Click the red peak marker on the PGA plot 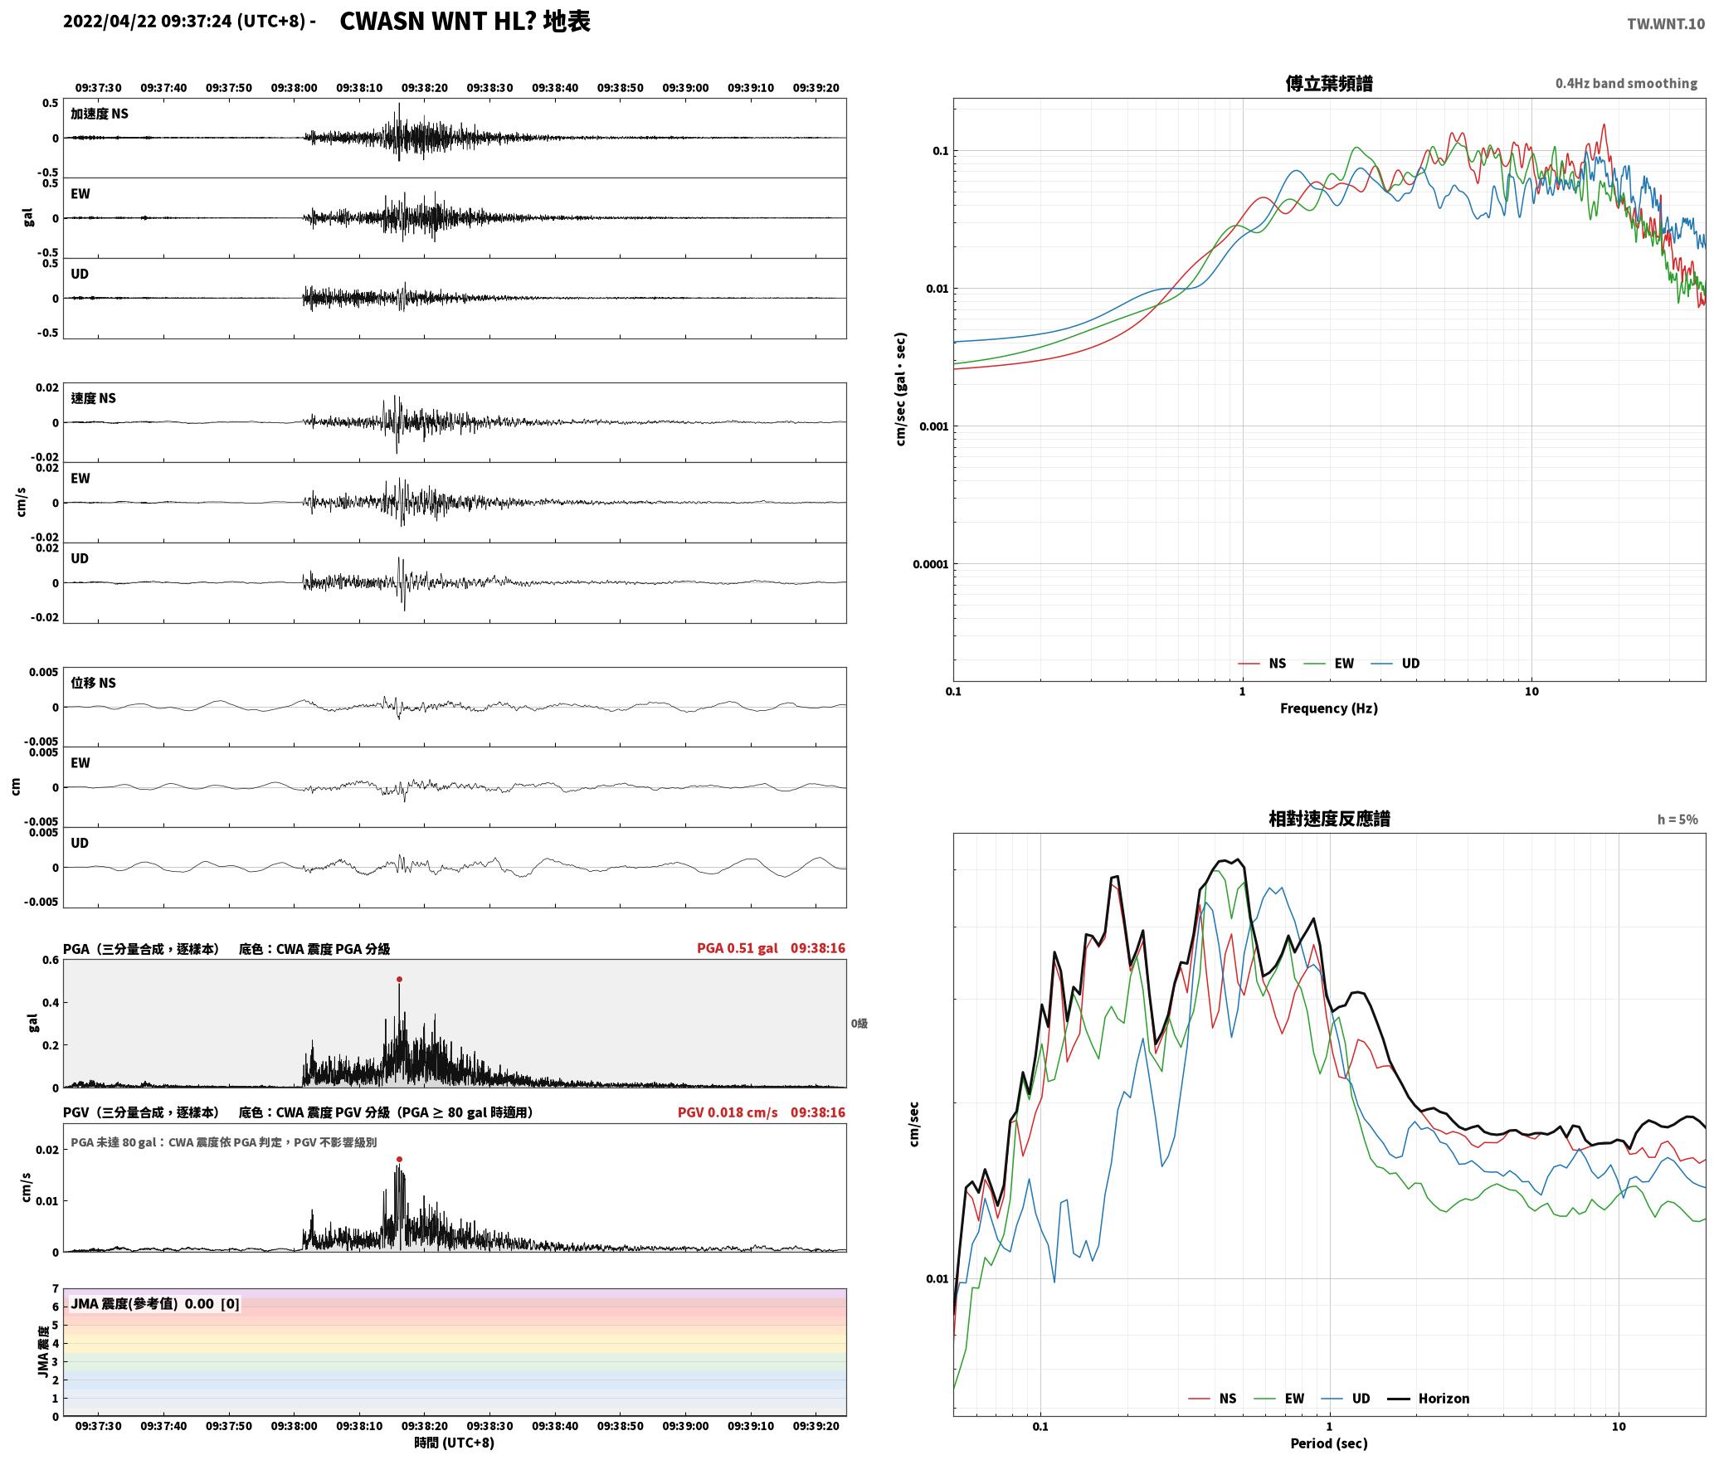tap(399, 979)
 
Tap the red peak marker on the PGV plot tap(399, 1159)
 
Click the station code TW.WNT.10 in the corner tap(1666, 24)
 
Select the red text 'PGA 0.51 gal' tap(738, 948)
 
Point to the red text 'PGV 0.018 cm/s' tap(728, 1112)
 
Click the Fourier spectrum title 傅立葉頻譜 tap(1328, 84)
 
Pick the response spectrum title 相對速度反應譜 tap(1329, 819)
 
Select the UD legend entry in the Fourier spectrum tap(1395, 664)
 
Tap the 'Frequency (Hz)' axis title tap(1328, 708)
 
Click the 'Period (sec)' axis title tap(1328, 1443)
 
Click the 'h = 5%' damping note tap(1677, 820)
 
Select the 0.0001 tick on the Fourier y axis tap(930, 565)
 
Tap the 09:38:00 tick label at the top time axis tap(294, 88)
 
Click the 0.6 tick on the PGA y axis tap(51, 961)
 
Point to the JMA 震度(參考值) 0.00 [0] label tap(155, 1304)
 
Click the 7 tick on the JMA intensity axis tap(56, 1289)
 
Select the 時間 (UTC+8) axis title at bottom tap(455, 1443)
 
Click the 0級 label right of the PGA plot tap(859, 1024)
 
